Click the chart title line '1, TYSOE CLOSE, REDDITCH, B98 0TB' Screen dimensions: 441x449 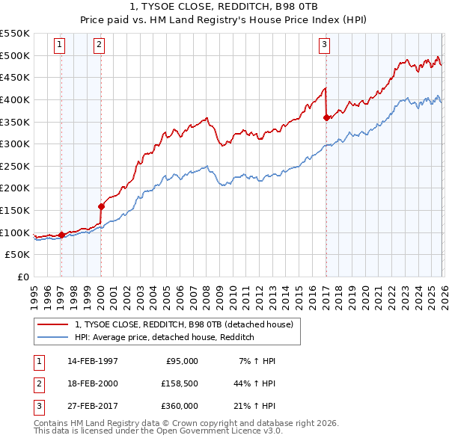224,7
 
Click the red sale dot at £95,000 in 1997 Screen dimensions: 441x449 61,235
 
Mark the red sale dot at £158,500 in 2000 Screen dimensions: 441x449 101,206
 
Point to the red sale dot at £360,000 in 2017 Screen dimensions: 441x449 326,117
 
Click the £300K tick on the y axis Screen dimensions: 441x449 15,144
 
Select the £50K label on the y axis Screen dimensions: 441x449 18,255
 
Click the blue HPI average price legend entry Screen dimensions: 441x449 165,337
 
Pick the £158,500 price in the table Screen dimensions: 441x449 177,383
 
